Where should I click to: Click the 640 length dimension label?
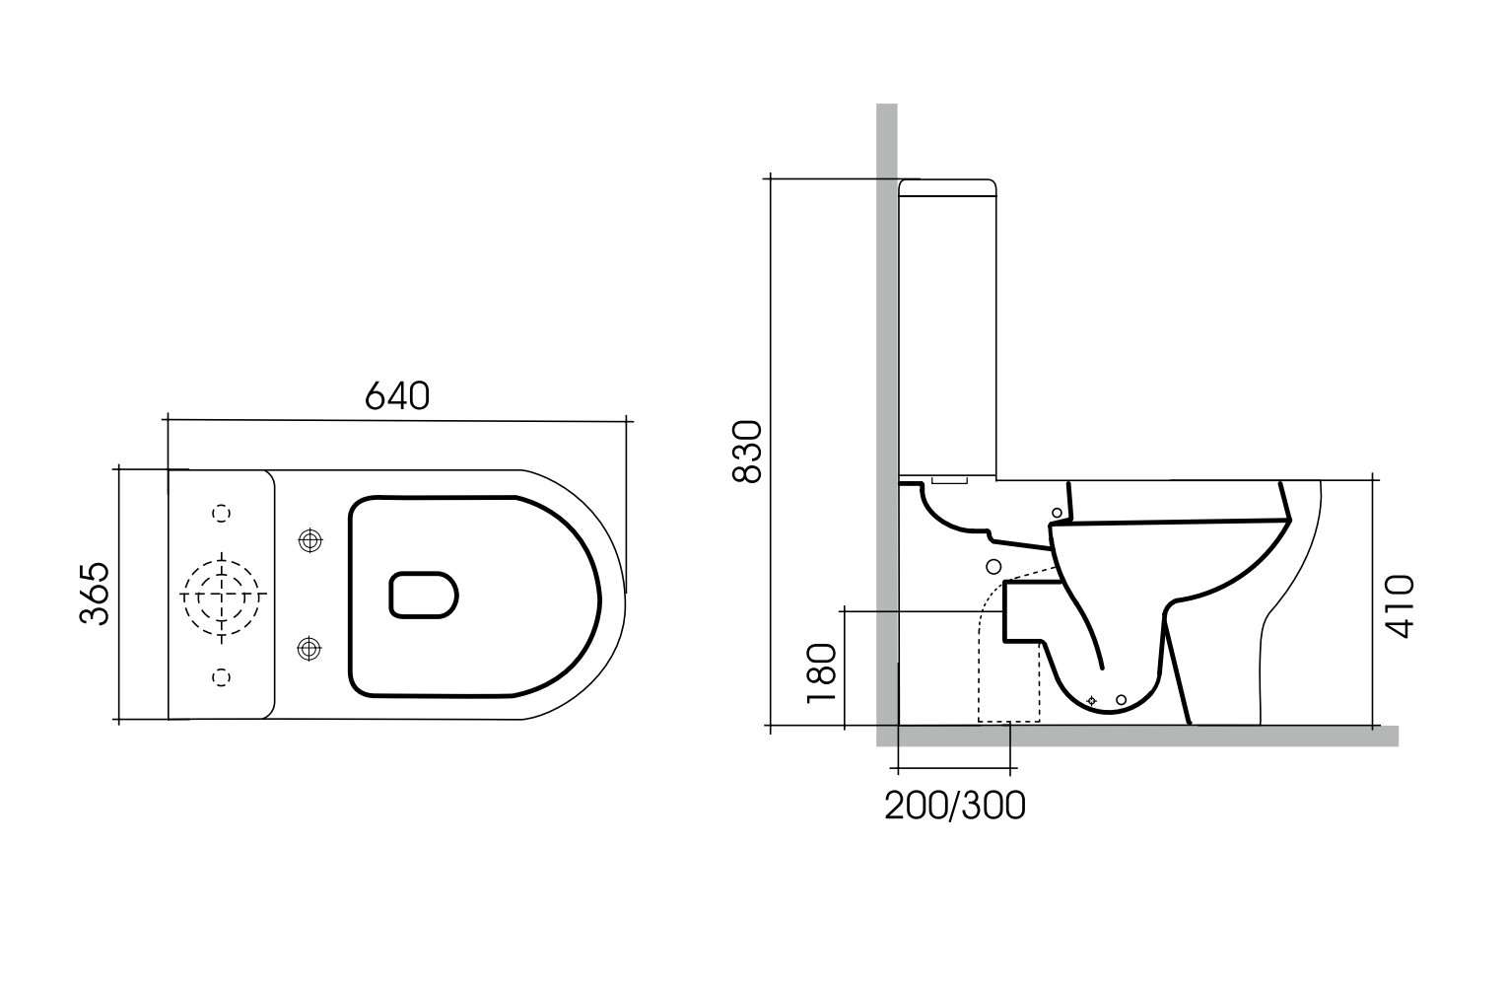(397, 396)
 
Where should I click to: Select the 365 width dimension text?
(95, 594)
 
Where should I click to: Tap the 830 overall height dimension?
(748, 452)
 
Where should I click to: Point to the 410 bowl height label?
(1399, 606)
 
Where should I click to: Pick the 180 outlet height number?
(821, 672)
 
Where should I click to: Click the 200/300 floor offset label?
(954, 806)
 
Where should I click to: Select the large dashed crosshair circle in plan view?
(222, 596)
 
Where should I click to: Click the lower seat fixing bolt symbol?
(309, 648)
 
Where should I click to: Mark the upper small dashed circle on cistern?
(222, 513)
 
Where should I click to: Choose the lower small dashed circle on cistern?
(222, 675)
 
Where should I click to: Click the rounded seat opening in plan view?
(425, 595)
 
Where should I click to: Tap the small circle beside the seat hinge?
(1058, 513)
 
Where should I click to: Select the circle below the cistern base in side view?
(993, 566)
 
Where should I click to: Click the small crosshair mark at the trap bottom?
(1091, 700)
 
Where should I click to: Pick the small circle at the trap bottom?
(1121, 700)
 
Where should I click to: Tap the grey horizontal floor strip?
(1143, 736)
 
